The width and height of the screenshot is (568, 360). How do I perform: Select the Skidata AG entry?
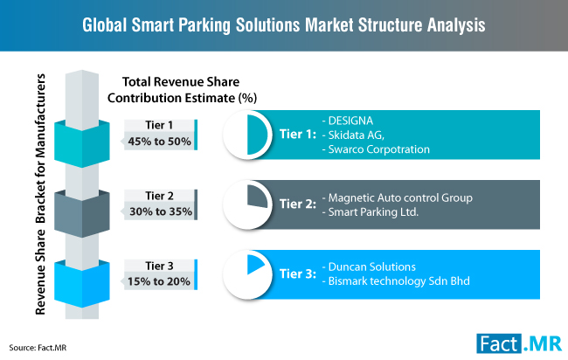(x=354, y=135)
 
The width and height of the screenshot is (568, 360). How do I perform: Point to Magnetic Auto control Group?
(x=398, y=198)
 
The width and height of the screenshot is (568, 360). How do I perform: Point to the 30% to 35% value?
(x=158, y=211)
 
